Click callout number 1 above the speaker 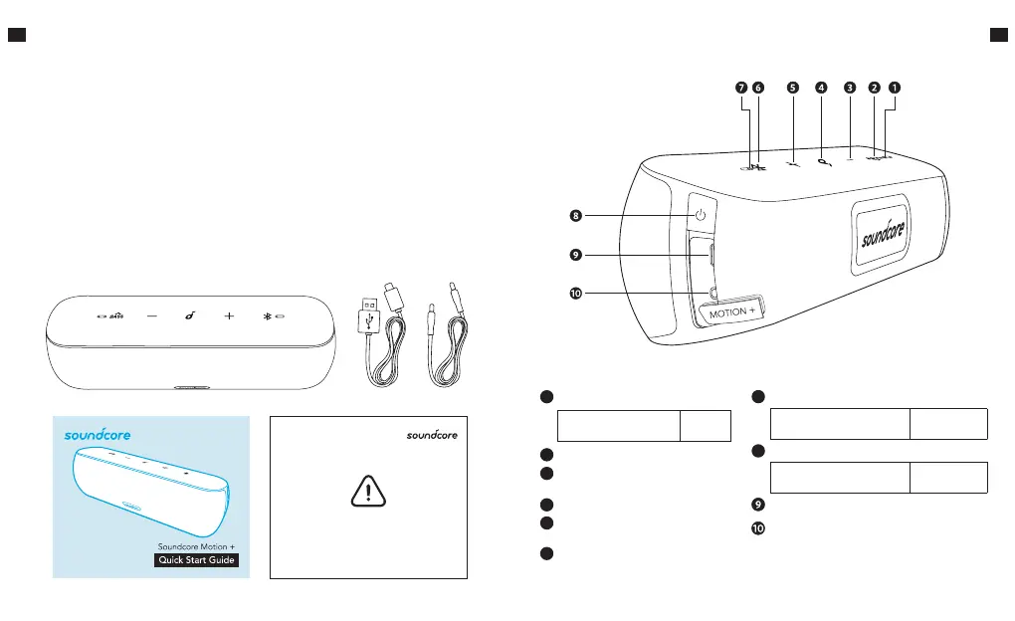click(895, 87)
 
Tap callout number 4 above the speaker click(820, 87)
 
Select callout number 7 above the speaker click(740, 87)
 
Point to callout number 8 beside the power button click(575, 214)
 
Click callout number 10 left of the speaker click(575, 295)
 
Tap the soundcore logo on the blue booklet click(98, 434)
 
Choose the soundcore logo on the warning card click(435, 434)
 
